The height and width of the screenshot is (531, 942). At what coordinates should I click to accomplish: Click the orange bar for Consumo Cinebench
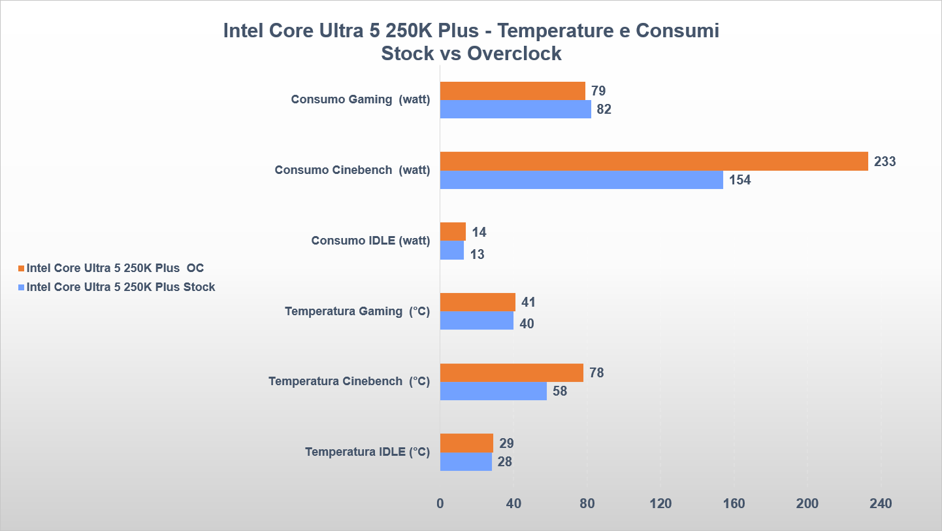coord(654,161)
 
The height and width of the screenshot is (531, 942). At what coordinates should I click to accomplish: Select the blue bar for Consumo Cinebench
coord(581,180)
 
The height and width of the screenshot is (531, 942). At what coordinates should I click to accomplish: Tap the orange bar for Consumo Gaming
coord(512,91)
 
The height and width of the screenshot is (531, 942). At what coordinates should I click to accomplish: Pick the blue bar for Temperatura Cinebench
coord(493,391)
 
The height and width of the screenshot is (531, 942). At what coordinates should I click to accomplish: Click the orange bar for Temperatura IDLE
coord(466,443)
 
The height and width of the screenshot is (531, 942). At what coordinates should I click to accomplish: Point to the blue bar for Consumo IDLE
coord(452,250)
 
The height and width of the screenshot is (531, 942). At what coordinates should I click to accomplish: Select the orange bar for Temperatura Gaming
coord(478,302)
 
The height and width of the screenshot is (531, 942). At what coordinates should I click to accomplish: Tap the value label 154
coord(740,180)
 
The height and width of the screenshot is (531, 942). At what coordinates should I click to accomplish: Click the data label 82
coord(604,109)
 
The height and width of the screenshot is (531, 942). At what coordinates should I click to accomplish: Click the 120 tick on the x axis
coord(660,504)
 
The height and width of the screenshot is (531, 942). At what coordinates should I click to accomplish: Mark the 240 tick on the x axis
coord(881,504)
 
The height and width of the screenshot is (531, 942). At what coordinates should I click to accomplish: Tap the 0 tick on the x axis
coord(440,504)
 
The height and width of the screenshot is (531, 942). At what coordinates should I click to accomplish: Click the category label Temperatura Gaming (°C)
coord(357,311)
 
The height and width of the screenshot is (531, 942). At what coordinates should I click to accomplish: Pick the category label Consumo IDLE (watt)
coord(370,241)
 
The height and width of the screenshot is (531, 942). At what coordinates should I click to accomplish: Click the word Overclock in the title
coord(514,53)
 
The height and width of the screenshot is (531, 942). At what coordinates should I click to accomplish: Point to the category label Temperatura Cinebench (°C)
coord(349,381)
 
